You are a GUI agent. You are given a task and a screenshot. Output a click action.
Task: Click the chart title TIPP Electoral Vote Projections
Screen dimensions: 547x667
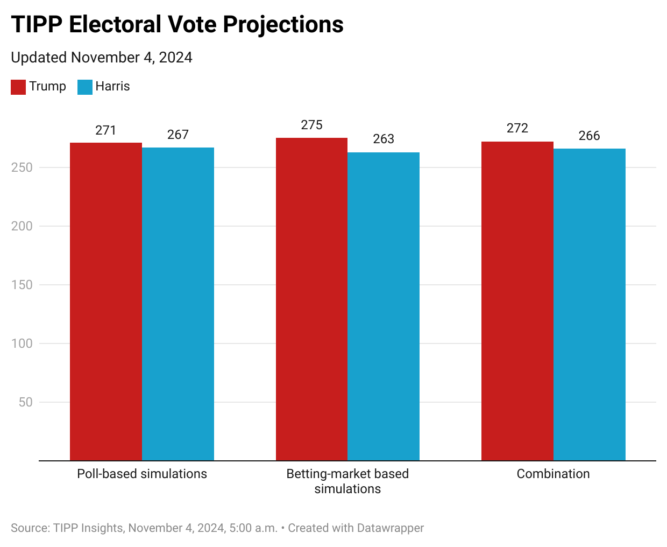coord(177,25)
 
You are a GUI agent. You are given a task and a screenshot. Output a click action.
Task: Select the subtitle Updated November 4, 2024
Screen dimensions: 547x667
coord(102,58)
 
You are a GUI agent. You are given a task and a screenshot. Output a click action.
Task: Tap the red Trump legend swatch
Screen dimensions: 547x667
coord(18,87)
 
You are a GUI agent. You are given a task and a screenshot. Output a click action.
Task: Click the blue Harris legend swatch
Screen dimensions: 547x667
coord(85,87)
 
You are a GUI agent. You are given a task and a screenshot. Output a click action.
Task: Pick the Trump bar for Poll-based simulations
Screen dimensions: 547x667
coord(106,301)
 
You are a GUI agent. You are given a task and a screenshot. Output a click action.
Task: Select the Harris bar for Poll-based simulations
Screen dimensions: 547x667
coord(178,304)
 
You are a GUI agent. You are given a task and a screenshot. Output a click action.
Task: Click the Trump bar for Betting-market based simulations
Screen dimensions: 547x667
coord(311,299)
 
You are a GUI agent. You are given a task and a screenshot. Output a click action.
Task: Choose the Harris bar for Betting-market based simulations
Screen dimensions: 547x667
coord(384,306)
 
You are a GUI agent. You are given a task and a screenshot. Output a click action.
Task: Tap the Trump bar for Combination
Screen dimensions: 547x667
coord(517,301)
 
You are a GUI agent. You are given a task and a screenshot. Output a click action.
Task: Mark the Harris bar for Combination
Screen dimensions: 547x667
coord(590,305)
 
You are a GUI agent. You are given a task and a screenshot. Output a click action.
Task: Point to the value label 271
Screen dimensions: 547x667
coord(105,130)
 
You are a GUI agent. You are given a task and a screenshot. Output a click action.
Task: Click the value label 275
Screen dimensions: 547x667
coord(311,125)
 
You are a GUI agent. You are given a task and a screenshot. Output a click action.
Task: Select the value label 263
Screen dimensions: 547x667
coord(384,139)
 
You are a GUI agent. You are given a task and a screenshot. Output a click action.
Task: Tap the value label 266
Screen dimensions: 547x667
coord(589,136)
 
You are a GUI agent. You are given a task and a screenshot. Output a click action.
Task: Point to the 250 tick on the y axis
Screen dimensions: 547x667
coord(22,167)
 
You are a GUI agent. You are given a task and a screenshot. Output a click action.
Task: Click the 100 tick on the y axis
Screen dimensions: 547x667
coord(22,343)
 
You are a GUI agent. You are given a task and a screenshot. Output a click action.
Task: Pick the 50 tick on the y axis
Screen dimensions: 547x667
coord(25,402)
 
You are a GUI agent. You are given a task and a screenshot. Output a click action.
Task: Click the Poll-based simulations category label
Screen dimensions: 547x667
coord(142,474)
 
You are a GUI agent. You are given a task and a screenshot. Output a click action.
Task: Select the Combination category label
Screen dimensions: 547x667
coord(553,474)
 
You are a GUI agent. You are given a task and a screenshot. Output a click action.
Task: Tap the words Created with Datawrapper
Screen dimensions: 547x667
coord(356,528)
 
